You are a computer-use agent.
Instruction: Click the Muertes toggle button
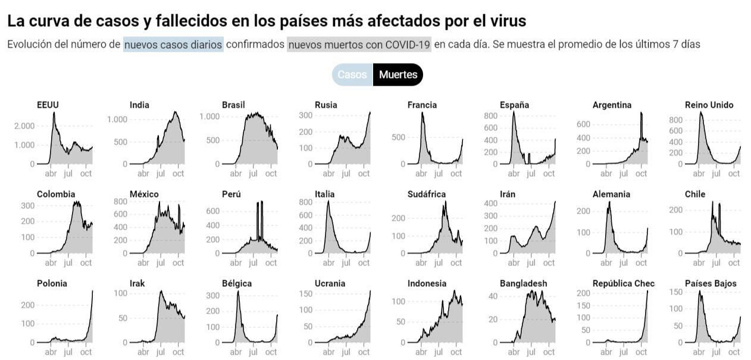click(x=398, y=75)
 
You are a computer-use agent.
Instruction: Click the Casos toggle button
click(x=352, y=75)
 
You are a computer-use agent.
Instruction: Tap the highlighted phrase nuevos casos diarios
click(x=173, y=45)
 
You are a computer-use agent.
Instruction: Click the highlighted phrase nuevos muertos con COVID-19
click(x=359, y=45)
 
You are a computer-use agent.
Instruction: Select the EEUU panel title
click(x=48, y=105)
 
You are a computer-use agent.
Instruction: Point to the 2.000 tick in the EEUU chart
click(x=24, y=126)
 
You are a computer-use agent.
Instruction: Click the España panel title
click(x=514, y=105)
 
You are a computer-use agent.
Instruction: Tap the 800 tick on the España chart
click(x=490, y=115)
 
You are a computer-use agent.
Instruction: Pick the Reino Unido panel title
click(x=709, y=105)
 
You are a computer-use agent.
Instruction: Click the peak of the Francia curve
click(x=423, y=113)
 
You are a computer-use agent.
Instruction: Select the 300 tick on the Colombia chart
click(x=27, y=205)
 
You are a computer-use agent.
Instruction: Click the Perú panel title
click(x=231, y=195)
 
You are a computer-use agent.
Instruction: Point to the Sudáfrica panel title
click(x=426, y=195)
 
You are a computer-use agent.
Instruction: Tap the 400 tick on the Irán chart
click(x=490, y=204)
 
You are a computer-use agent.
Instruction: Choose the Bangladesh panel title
click(x=523, y=284)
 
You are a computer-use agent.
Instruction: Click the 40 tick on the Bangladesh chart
click(x=492, y=296)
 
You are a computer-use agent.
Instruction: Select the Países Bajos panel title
click(x=711, y=284)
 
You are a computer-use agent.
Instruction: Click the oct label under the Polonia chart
click(x=86, y=352)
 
